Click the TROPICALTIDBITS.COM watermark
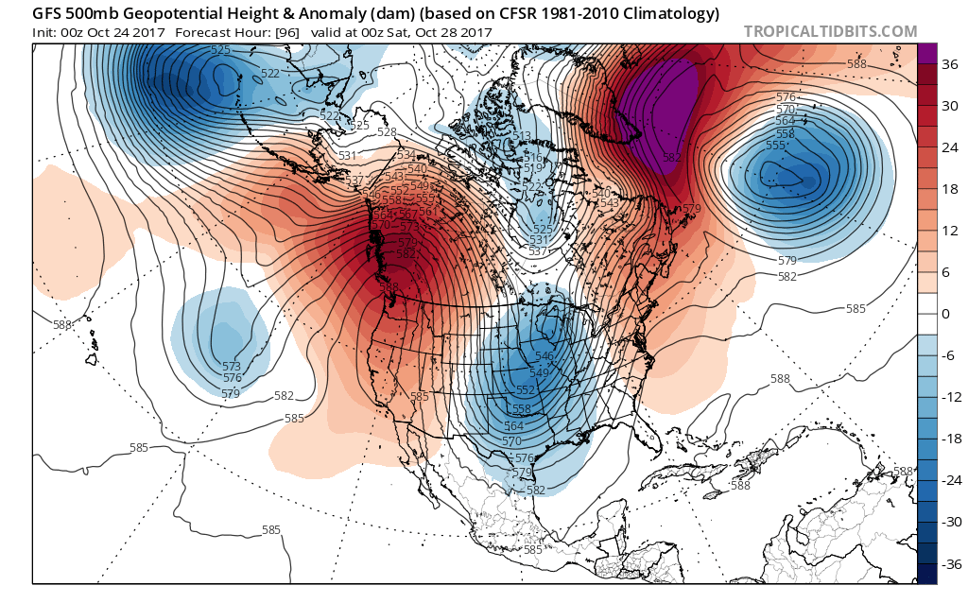click(x=830, y=31)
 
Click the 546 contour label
click(x=544, y=356)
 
